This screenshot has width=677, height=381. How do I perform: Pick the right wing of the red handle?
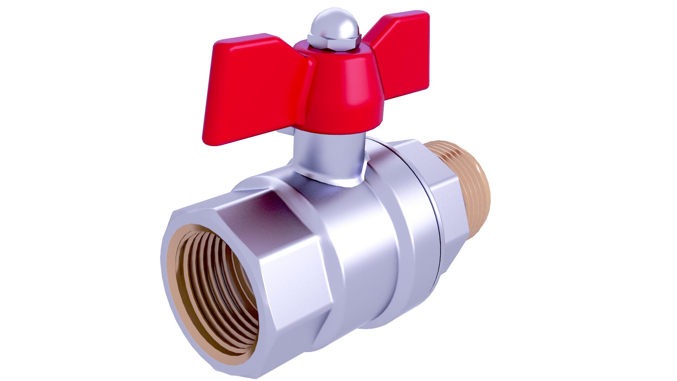pyautogui.click(x=402, y=53)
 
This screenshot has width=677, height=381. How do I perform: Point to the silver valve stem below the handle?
pyautogui.click(x=328, y=152)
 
